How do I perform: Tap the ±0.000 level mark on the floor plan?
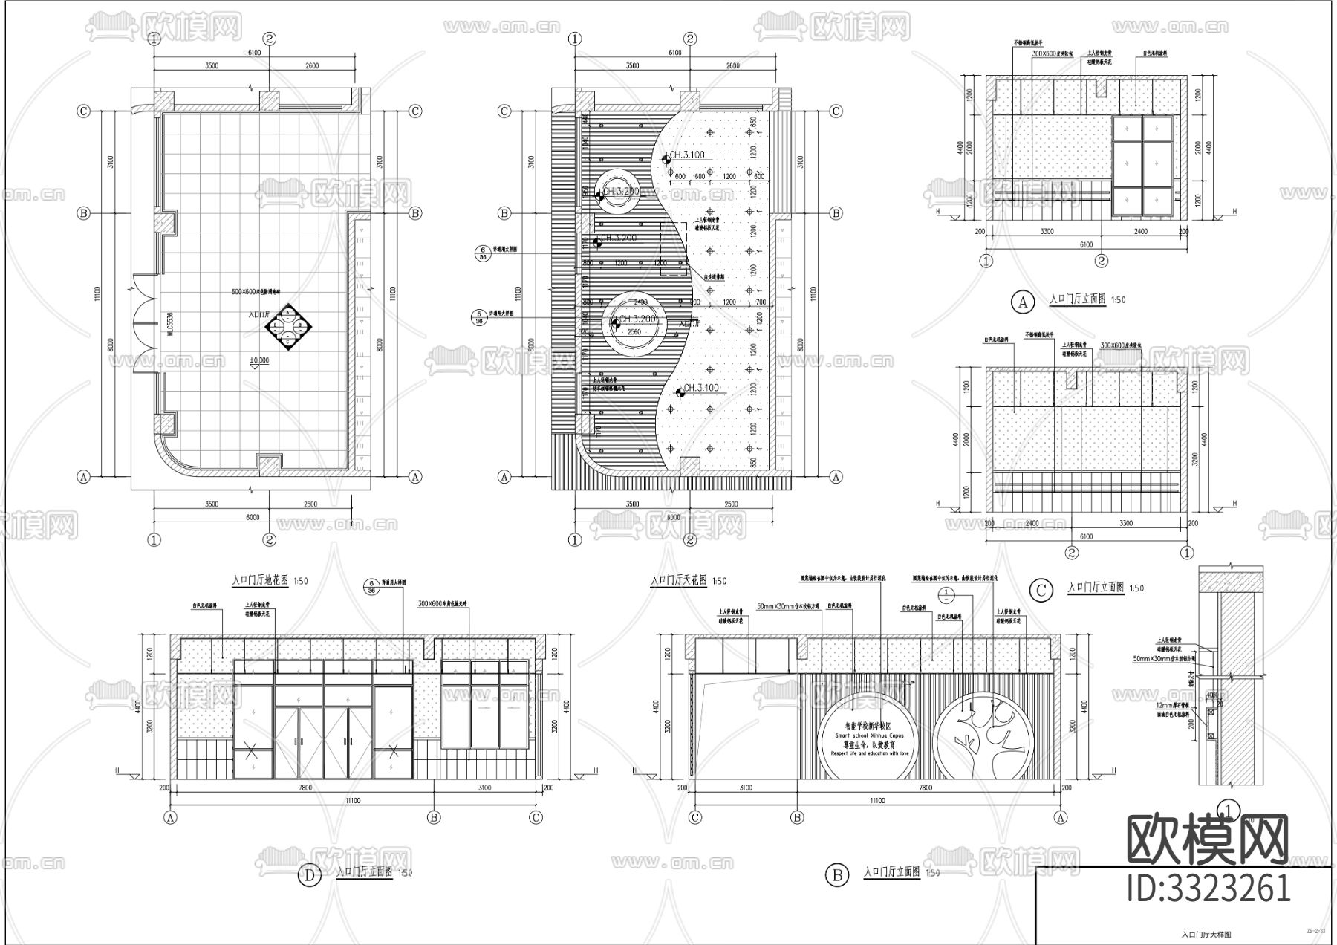pyautogui.click(x=259, y=360)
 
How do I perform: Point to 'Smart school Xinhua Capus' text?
pyautogui.click(x=867, y=733)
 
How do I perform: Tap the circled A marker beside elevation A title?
pyautogui.click(x=1023, y=302)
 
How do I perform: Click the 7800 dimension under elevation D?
pyautogui.click(x=305, y=788)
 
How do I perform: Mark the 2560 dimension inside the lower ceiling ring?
pyautogui.click(x=634, y=332)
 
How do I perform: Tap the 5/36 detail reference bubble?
pyautogui.click(x=480, y=318)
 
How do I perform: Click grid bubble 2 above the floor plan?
pyautogui.click(x=269, y=39)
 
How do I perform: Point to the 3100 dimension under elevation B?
pyautogui.click(x=745, y=788)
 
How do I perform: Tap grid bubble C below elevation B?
pyautogui.click(x=695, y=818)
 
